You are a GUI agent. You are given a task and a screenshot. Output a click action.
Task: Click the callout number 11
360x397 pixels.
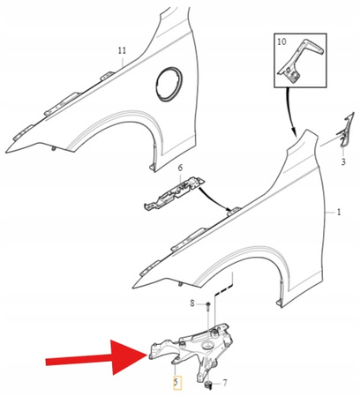[122, 51]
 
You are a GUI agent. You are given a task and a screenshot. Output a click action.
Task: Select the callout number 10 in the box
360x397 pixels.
[281, 41]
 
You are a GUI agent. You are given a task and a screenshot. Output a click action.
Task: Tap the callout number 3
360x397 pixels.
[343, 161]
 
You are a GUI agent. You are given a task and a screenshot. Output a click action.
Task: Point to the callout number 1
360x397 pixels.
[339, 212]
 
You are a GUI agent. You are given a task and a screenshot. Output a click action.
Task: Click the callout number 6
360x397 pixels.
[180, 168]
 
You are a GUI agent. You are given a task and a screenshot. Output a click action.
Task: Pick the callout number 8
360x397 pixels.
[192, 303]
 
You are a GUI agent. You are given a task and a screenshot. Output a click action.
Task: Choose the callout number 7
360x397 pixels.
[225, 383]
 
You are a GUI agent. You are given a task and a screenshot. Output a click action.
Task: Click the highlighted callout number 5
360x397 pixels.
[176, 383]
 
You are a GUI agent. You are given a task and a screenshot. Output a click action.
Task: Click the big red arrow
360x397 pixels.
[96, 357]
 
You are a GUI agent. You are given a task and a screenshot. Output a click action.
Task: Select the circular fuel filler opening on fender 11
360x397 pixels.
[169, 85]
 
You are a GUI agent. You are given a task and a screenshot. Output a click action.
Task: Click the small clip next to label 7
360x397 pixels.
[209, 385]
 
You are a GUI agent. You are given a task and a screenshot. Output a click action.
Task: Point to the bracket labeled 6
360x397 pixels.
[174, 193]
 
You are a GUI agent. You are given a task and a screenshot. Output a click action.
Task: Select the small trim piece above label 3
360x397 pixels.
[344, 130]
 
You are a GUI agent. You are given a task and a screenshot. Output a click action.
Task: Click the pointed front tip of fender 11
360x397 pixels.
[6, 152]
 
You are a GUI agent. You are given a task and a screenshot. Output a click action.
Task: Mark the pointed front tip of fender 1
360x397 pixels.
[133, 288]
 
